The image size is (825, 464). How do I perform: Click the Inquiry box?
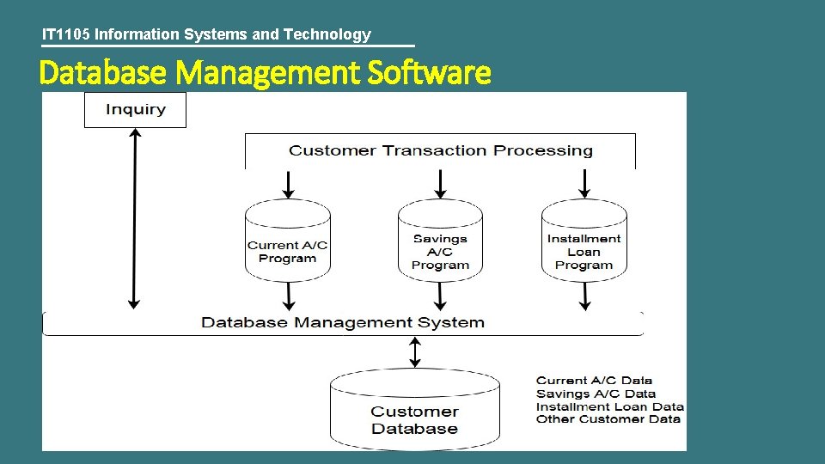pyautogui.click(x=135, y=110)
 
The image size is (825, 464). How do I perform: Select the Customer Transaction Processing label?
pyautogui.click(x=440, y=150)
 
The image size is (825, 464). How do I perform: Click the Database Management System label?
pyautogui.click(x=342, y=323)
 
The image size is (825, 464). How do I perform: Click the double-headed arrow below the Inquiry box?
pyautogui.click(x=133, y=218)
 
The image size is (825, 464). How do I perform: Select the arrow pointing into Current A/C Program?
pyautogui.click(x=288, y=183)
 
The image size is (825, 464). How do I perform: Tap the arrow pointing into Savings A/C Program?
pyautogui.click(x=440, y=183)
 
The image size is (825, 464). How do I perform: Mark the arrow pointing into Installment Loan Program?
pyautogui.click(x=584, y=183)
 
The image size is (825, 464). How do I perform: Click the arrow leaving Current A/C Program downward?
pyautogui.click(x=288, y=296)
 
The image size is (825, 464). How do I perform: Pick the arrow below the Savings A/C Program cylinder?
pyautogui.click(x=440, y=296)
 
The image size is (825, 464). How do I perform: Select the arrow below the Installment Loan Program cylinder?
pyautogui.click(x=584, y=296)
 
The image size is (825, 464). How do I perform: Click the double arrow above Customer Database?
pyautogui.click(x=415, y=351)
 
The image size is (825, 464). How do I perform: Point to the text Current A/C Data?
pyautogui.click(x=594, y=380)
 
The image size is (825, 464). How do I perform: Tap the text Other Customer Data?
pyautogui.click(x=608, y=418)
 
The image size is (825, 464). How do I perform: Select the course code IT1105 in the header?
pyautogui.click(x=66, y=34)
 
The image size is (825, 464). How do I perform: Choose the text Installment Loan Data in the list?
pyautogui.click(x=609, y=406)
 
